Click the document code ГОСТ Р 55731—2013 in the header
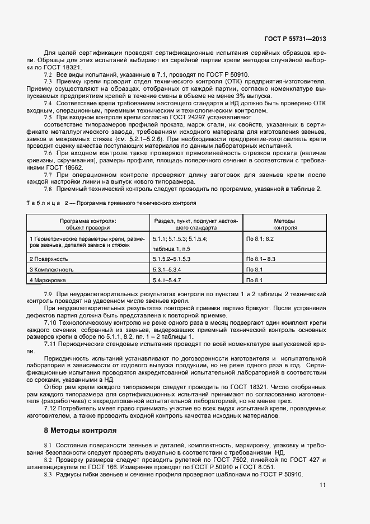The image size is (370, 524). tap(294, 39)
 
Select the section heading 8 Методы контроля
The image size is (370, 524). tap(80, 431)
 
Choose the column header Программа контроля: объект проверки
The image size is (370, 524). tap(88, 224)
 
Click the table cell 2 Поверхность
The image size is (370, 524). tap(49, 259)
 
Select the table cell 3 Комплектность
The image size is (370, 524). tap(51, 269)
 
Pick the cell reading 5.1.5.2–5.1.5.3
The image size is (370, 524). tap(172, 259)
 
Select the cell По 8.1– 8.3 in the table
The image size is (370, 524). tap(261, 259)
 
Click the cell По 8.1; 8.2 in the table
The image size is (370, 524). tap(260, 239)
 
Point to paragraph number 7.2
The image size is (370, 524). tap(48, 74)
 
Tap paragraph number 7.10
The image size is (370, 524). tap(50, 323)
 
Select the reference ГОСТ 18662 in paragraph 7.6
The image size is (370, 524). tap(67, 167)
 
